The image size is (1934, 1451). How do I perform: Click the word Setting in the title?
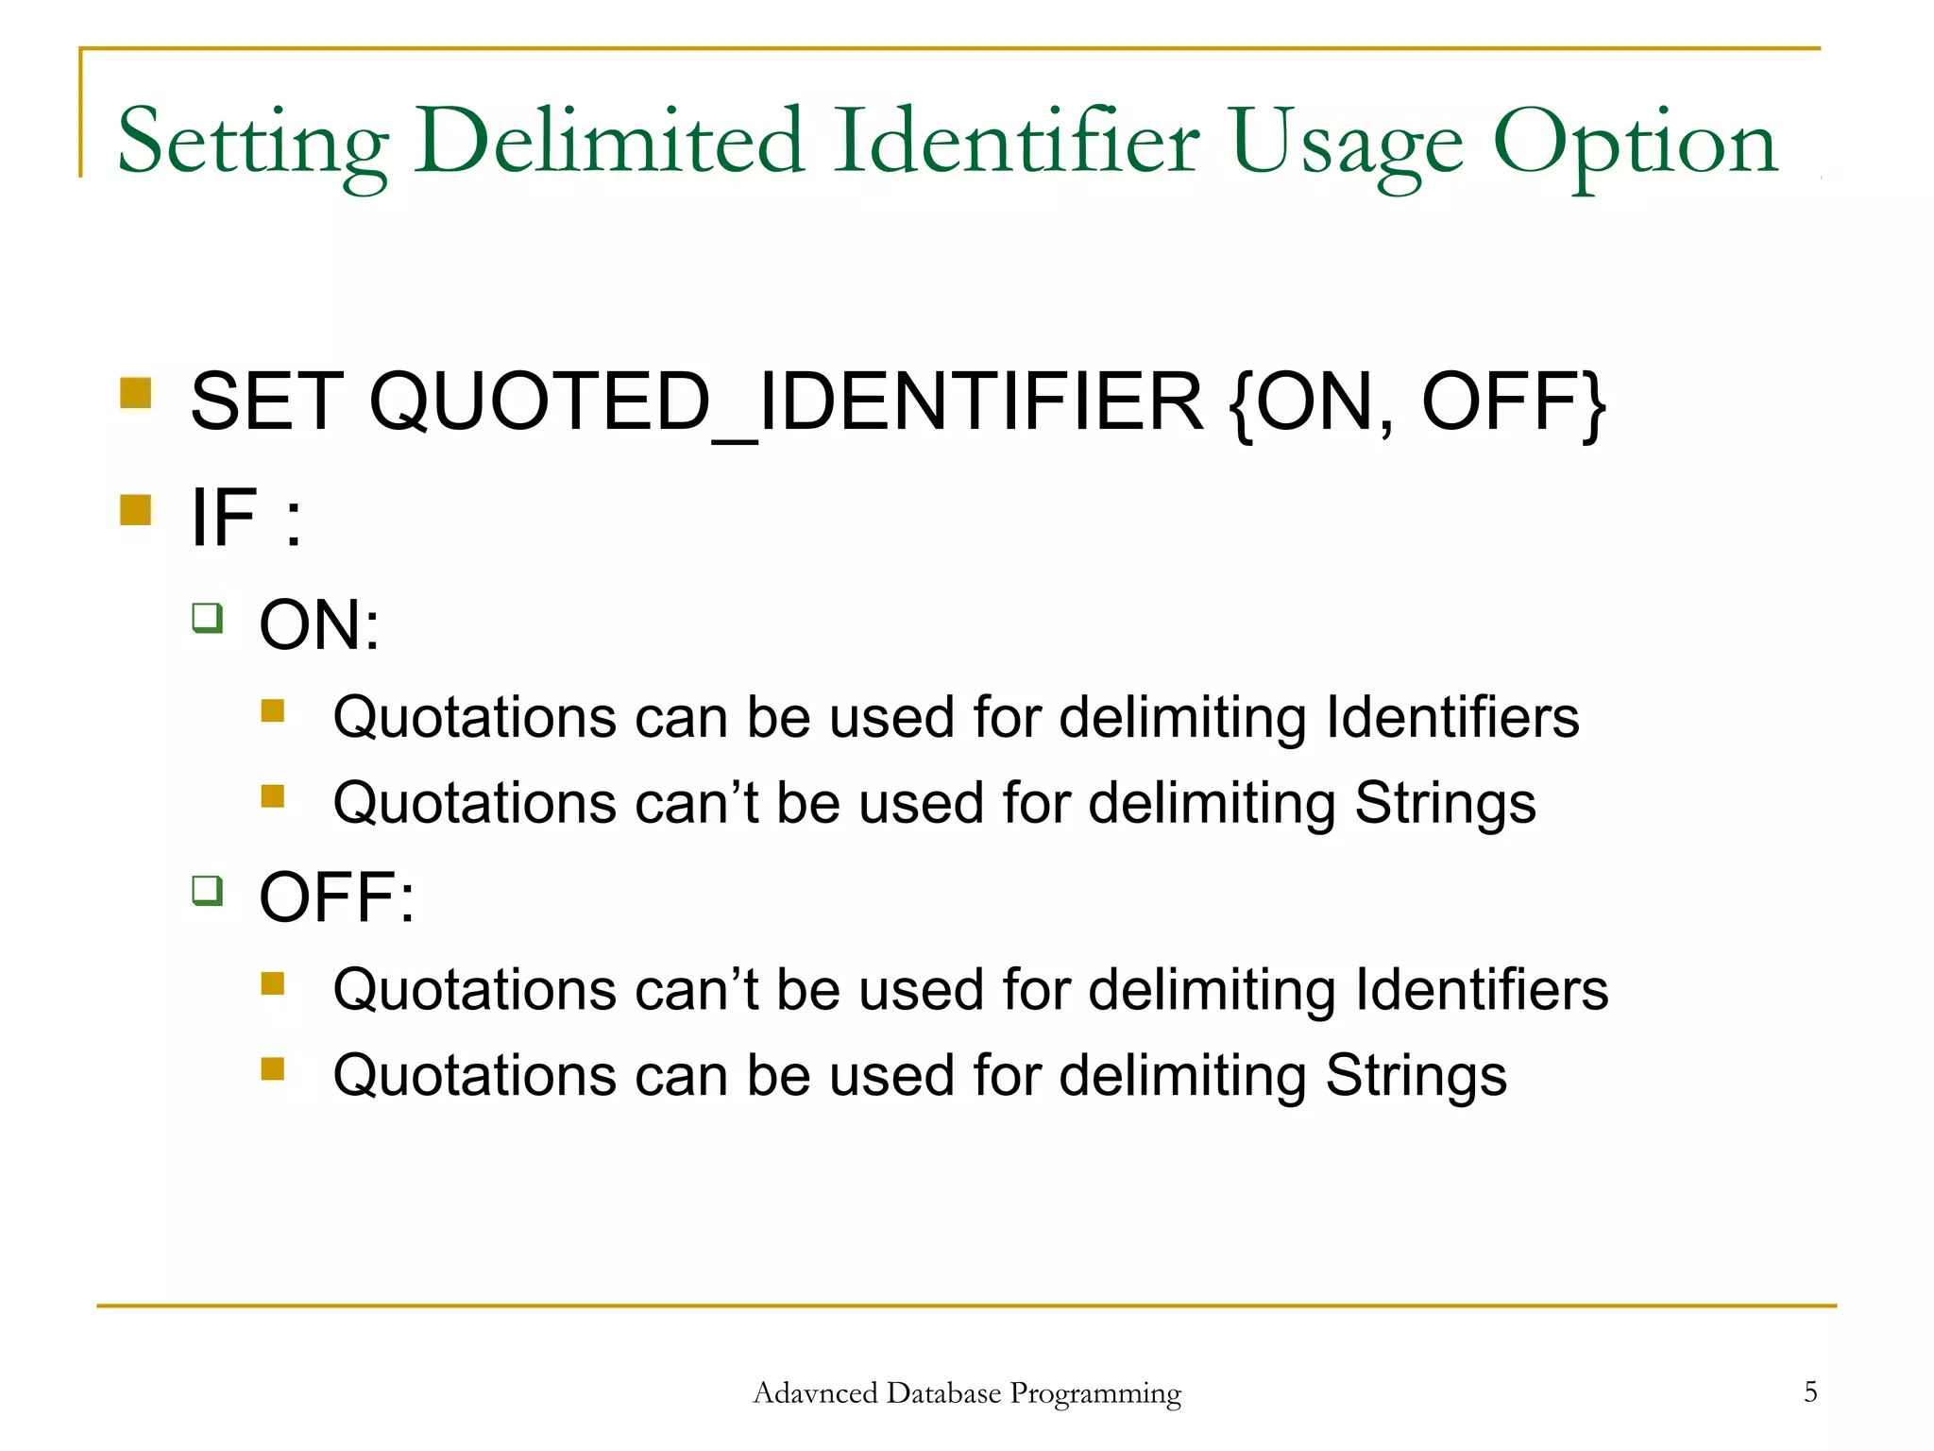253,144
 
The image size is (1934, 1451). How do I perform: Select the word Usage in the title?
1347,144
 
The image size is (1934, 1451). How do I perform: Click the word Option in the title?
1636,144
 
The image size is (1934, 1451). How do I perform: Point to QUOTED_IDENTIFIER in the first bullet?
786,401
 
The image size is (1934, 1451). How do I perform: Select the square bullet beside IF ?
136,510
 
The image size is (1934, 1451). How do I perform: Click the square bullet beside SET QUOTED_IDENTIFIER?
136,393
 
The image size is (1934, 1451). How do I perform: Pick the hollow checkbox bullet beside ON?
207,618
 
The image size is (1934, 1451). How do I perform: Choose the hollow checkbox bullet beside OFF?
207,890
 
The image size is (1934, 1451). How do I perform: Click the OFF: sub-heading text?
336,896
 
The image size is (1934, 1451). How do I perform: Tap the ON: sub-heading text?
319,624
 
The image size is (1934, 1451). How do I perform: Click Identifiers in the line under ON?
1452,717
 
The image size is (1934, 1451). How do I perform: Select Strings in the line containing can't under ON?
1445,804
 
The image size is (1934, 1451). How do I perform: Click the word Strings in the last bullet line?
1416,1076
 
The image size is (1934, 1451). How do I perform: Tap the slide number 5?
1810,1391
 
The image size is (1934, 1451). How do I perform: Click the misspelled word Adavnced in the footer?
815,1393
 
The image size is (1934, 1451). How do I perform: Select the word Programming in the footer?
1095,1394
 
